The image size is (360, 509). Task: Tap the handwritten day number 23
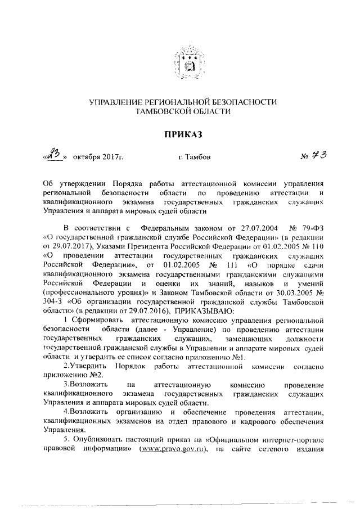pos(55,154)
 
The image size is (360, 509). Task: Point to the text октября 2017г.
pos(97,157)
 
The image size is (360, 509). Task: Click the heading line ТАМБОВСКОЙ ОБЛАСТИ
pos(183,112)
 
